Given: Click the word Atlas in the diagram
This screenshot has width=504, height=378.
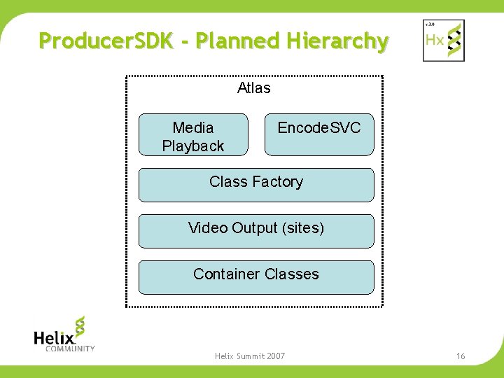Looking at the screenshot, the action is click(254, 88).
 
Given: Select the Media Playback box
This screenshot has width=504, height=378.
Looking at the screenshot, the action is click(193, 134).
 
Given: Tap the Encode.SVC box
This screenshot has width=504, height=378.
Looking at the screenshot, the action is click(319, 134).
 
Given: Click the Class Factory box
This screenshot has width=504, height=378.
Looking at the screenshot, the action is click(256, 185).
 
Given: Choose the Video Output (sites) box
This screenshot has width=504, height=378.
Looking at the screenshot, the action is click(256, 231).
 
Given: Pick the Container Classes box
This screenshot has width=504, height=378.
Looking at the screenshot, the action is click(256, 277).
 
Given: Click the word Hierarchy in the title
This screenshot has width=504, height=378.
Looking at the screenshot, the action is click(337, 42).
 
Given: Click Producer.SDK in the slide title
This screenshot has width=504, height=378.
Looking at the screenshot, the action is click(104, 41).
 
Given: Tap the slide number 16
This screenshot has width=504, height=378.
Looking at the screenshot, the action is click(461, 356).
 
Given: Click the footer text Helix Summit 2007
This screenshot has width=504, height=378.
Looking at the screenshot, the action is click(250, 356).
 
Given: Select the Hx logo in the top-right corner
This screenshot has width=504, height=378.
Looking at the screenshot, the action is click(443, 40).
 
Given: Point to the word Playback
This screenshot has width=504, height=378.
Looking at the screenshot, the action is click(193, 146).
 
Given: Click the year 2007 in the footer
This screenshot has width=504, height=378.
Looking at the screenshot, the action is click(275, 356).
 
